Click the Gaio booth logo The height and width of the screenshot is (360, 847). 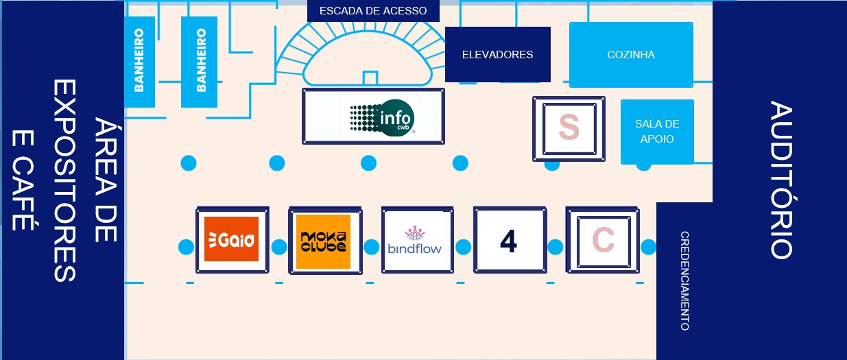231,239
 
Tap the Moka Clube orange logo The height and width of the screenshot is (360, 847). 323,241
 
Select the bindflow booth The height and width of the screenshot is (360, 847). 416,240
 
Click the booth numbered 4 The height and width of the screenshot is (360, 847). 508,241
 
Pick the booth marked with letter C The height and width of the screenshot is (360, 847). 602,240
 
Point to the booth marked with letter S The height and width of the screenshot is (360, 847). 569,128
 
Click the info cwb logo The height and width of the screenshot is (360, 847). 382,116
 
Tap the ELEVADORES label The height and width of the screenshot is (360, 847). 497,55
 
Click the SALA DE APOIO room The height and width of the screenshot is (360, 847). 656,131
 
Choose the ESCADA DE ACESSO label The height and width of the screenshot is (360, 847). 373,11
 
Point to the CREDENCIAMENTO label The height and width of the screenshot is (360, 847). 684,281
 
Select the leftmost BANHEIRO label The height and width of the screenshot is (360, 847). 139,60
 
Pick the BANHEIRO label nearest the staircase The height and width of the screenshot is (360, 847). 201,60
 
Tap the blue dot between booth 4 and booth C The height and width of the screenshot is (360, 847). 556,247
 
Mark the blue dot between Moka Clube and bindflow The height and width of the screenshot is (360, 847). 372,247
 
